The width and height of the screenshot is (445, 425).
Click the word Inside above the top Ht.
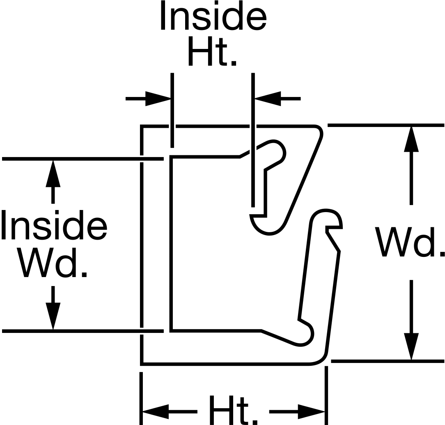pyautogui.click(x=213, y=15)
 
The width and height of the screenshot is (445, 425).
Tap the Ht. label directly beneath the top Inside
pyautogui.click(x=212, y=51)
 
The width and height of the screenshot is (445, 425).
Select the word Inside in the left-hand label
pyautogui.click(x=54, y=225)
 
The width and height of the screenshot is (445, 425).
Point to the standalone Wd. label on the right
pyautogui.click(x=410, y=242)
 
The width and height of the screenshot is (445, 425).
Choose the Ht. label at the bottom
pyautogui.click(x=233, y=409)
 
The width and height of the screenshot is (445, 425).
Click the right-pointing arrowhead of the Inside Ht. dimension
pyautogui.click(x=158, y=99)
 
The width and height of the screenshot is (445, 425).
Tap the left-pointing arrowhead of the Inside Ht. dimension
pyautogui.click(x=268, y=99)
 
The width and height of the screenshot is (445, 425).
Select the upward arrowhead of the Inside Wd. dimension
pyautogui.click(x=53, y=173)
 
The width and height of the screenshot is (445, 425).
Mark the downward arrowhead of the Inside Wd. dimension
pyautogui.click(x=53, y=316)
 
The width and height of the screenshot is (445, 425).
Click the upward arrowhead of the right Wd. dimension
pyautogui.click(x=411, y=139)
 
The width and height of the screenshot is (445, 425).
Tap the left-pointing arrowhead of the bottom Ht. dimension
pyautogui.click(x=156, y=411)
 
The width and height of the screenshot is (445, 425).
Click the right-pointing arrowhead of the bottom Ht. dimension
pyautogui.click(x=311, y=411)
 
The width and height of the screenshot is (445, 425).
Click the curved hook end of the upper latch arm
pyautogui.click(x=268, y=225)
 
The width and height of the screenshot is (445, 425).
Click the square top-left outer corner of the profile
pyautogui.click(x=142, y=126)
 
